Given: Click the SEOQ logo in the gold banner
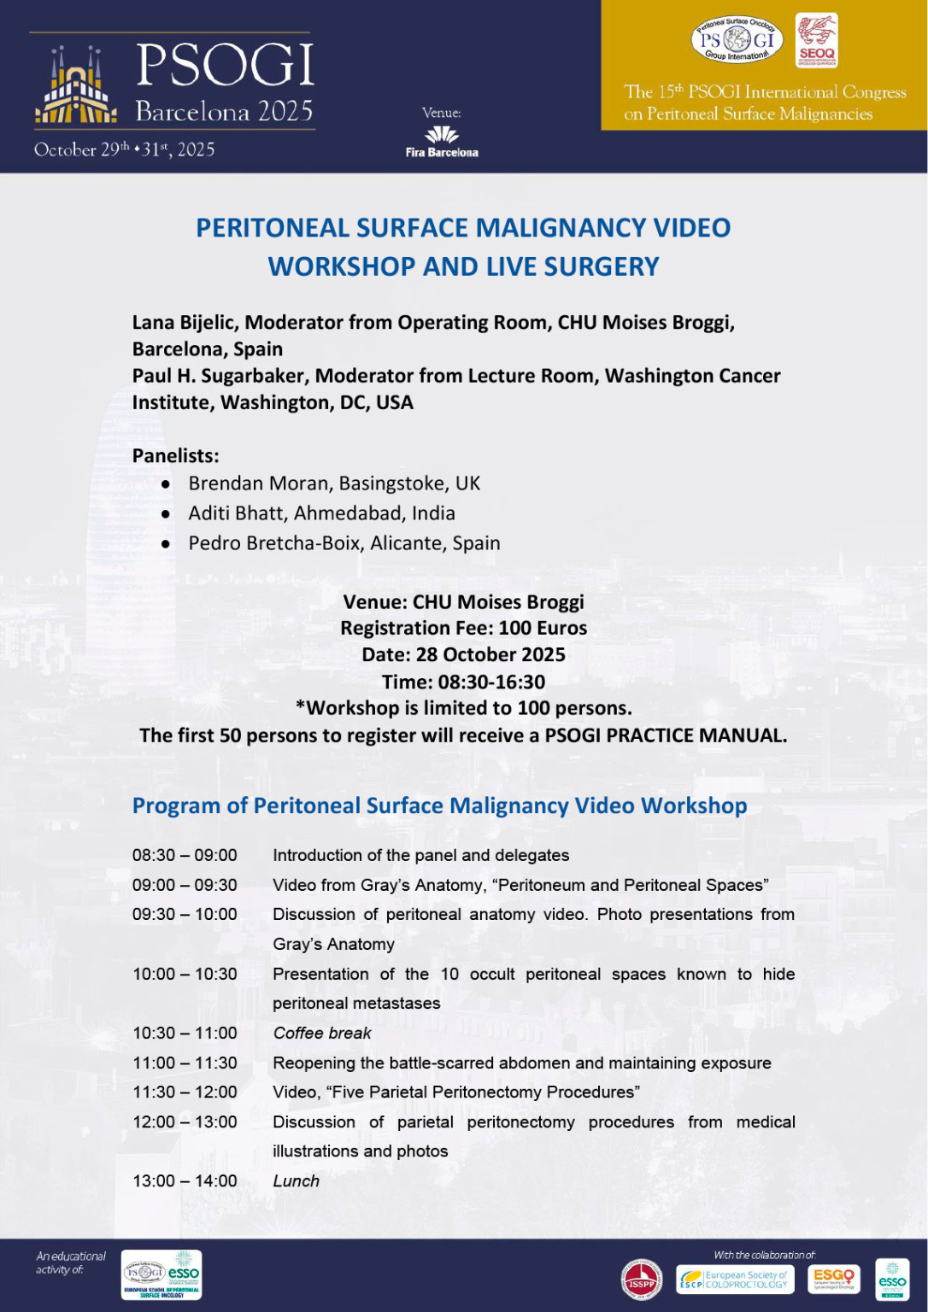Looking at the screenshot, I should click(816, 40).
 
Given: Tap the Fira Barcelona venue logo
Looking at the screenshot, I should click(442, 142).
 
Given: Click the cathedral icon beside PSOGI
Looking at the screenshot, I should click(76, 85).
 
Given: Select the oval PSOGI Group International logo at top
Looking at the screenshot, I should click(737, 39).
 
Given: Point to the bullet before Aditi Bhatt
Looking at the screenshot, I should click(166, 514).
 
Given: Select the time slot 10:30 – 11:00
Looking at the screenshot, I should click(185, 1033).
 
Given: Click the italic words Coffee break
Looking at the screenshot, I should click(322, 1033).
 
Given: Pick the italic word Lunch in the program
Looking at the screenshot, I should click(296, 1180).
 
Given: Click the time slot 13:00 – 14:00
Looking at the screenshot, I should click(185, 1180).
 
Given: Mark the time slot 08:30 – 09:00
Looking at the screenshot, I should click(185, 855).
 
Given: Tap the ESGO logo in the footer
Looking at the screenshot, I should click(833, 1279).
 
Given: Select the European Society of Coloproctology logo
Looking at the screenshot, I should click(734, 1280).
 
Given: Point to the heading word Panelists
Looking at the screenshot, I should click(175, 455).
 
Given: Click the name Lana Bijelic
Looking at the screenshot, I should click(184, 322).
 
